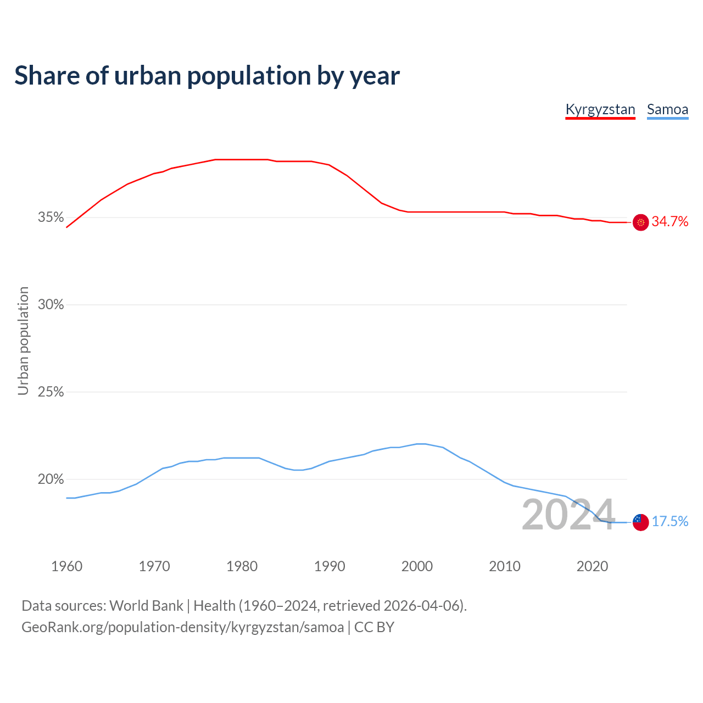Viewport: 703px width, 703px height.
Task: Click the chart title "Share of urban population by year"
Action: click(207, 75)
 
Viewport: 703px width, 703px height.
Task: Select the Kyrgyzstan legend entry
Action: click(600, 109)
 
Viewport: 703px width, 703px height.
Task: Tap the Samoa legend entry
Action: click(667, 109)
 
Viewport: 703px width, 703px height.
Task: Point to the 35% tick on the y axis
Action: click(51, 217)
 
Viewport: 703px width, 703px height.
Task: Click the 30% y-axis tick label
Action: click(51, 305)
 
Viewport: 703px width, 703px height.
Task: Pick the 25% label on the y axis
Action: click(51, 392)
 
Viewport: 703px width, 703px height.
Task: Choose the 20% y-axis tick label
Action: click(51, 479)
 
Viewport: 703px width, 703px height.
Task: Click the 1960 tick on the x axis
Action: click(66, 566)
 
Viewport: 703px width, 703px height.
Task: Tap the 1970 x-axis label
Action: click(154, 566)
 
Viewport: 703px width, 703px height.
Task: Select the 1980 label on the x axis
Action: click(242, 566)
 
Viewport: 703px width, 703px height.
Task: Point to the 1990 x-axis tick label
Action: click(330, 566)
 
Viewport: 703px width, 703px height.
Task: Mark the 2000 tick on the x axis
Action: click(417, 566)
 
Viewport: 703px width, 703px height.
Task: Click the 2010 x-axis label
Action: click(505, 566)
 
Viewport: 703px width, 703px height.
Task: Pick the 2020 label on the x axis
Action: click(592, 566)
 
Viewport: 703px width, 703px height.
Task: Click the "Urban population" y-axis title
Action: click(23, 341)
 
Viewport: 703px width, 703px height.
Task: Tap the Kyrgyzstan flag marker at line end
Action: click(640, 222)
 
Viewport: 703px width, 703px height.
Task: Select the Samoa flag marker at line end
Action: click(640, 522)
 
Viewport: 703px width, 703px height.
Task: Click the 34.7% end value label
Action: click(670, 222)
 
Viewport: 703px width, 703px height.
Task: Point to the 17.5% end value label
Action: click(670, 522)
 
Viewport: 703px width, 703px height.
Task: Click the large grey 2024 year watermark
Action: click(568, 515)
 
